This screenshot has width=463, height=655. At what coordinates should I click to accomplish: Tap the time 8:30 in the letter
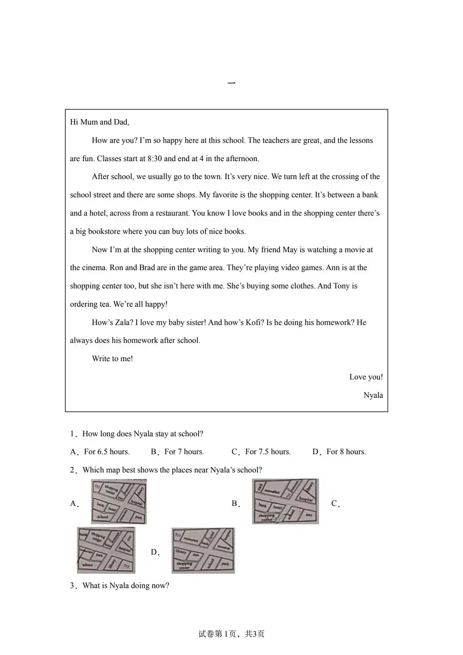click(155, 158)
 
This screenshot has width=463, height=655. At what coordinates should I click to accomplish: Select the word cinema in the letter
click(94, 268)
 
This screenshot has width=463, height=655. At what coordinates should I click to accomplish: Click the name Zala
click(123, 322)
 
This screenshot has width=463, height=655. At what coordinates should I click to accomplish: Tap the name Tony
click(341, 286)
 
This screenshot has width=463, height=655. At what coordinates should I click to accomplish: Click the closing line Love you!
click(366, 377)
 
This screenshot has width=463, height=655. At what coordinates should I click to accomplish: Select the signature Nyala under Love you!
click(373, 395)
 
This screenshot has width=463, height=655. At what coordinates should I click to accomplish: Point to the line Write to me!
click(112, 359)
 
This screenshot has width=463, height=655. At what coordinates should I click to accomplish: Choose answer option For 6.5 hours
click(106, 452)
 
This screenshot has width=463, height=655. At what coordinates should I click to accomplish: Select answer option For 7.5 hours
click(268, 452)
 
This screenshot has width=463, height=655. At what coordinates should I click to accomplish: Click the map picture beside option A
click(119, 502)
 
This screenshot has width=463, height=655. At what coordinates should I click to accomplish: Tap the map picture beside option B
click(285, 502)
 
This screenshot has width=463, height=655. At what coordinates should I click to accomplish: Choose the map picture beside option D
click(203, 550)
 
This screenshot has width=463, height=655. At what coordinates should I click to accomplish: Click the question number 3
click(72, 586)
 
